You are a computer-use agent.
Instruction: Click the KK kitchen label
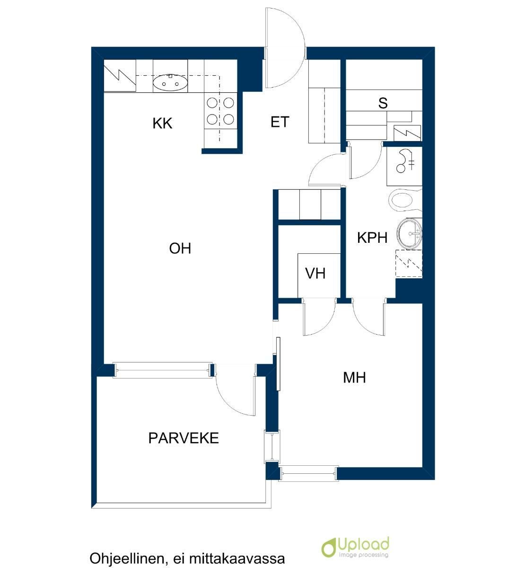tap(162, 123)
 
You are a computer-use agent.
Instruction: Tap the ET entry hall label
tap(280, 122)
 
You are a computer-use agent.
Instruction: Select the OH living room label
tap(180, 248)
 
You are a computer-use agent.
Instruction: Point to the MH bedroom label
tap(354, 377)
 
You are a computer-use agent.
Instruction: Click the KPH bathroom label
tap(372, 237)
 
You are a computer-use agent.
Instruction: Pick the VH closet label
tap(315, 273)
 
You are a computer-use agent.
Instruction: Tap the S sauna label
tap(383, 103)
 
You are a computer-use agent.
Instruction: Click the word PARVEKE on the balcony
tap(184, 438)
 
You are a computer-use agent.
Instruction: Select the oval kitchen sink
tap(170, 83)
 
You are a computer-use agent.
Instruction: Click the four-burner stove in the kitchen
tap(220, 111)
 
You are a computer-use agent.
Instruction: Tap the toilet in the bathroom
tap(405, 200)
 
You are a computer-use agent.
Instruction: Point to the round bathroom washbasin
tap(409, 234)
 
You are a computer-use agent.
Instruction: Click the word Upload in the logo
tap(363, 544)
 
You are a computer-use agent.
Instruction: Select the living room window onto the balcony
tap(163, 370)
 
